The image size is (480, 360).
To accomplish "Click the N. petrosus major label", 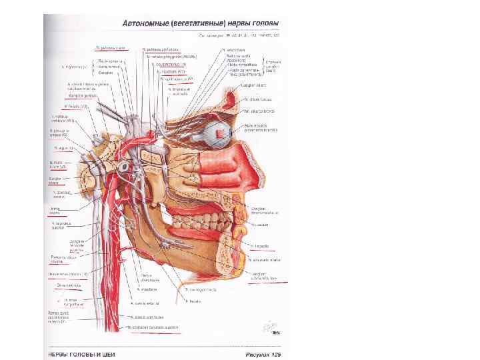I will click(111, 48).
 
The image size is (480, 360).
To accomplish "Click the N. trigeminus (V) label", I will click(74, 67).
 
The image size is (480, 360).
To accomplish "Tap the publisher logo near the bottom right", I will click(269, 328).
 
